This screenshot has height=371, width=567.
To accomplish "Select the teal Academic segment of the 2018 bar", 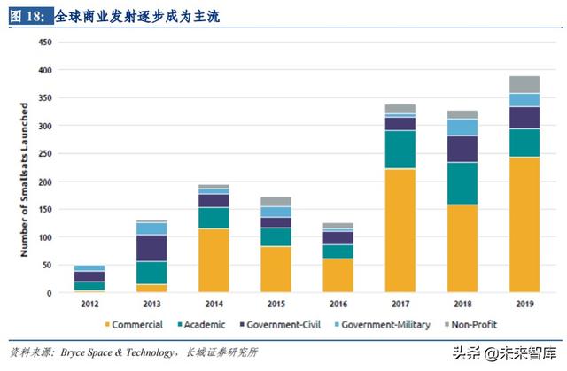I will click(x=462, y=183).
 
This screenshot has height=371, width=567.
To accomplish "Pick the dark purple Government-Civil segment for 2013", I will click(x=151, y=248).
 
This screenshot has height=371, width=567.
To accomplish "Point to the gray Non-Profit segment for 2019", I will click(x=524, y=84).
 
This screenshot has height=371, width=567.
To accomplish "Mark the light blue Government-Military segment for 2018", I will click(x=462, y=127).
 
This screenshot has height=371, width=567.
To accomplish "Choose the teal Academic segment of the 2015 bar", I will click(x=276, y=236).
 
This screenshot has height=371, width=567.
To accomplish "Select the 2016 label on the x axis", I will click(x=338, y=304).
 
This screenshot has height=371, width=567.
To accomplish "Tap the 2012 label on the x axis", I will click(x=89, y=304).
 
